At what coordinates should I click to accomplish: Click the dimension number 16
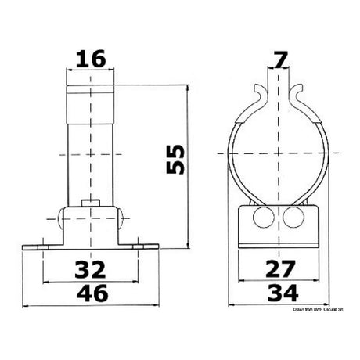pyautogui.click(x=92, y=58)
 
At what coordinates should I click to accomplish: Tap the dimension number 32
pyautogui.click(x=92, y=271)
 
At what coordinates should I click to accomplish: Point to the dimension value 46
pyautogui.click(x=92, y=294)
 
